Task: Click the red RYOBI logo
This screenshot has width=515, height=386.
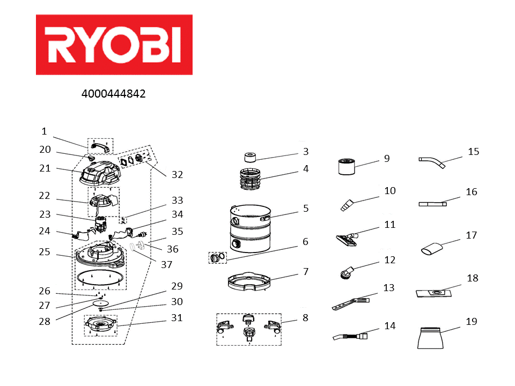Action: coord(114,44)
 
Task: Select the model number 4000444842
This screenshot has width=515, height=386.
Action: coord(113,94)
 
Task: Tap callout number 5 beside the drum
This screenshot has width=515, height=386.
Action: coord(306,208)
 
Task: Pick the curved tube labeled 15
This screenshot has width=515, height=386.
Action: coord(432,161)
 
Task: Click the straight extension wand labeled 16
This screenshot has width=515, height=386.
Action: coord(432,204)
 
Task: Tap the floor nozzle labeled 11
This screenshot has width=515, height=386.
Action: coord(346,239)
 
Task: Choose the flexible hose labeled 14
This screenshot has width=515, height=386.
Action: coord(349,336)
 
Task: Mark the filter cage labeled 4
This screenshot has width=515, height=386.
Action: coord(249,179)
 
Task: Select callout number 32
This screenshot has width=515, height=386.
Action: coord(177,174)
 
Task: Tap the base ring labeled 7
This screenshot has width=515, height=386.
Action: coord(249,283)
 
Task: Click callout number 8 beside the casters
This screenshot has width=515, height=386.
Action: coord(305,317)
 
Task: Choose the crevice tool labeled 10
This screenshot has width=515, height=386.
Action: coord(347,204)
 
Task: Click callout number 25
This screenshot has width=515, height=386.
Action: coord(45,251)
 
